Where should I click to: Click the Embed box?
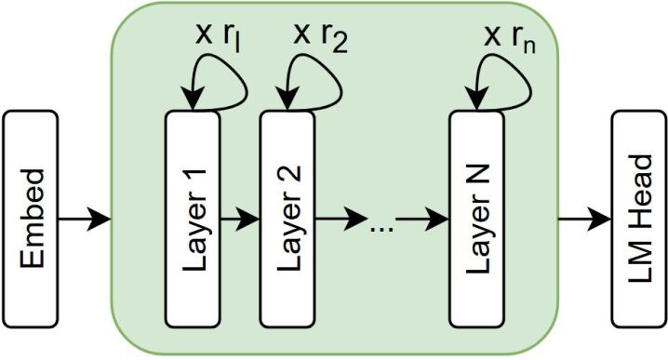(31, 219)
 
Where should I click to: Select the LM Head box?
(637, 219)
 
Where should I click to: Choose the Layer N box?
(477, 219)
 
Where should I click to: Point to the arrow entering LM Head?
(583, 220)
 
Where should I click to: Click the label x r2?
(320, 37)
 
